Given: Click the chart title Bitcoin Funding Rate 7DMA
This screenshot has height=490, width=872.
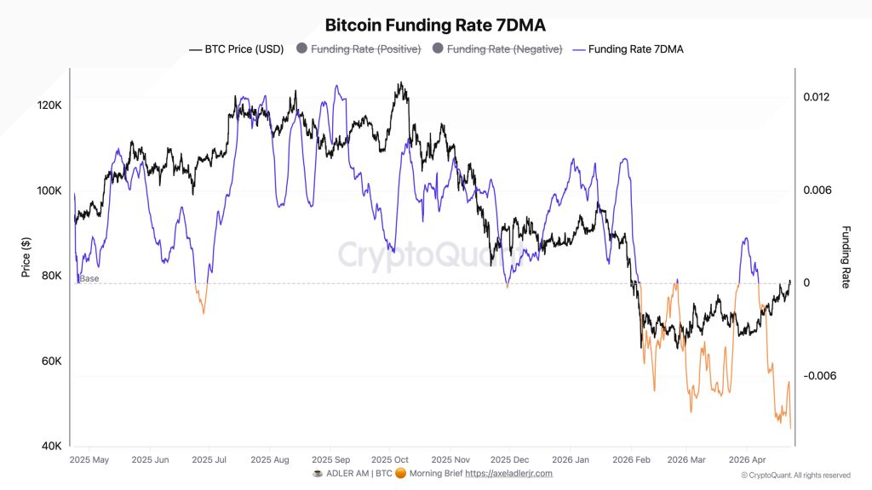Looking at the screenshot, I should point(435,26).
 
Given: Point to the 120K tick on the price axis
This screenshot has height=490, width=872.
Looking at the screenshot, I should point(50,105).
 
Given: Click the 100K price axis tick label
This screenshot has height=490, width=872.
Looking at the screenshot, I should point(50,191).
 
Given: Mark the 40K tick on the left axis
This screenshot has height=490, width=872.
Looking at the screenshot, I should point(51,446).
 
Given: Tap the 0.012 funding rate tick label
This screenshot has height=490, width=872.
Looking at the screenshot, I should point(816,97).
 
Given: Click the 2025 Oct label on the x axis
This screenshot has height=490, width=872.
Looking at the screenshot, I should point(390,459).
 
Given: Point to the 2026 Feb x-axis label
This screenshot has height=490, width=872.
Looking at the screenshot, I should point(631,459).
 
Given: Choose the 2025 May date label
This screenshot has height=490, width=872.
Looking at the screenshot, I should point(89,459).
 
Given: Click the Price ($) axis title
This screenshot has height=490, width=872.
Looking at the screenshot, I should point(26,258).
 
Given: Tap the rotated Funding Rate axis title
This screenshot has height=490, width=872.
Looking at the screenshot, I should point(846,257).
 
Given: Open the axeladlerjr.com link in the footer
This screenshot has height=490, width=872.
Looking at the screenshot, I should point(508,473).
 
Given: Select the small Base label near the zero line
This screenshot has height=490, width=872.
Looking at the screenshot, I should point(89,279).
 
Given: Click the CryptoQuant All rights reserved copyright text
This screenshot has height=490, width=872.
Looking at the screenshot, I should point(795,475).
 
